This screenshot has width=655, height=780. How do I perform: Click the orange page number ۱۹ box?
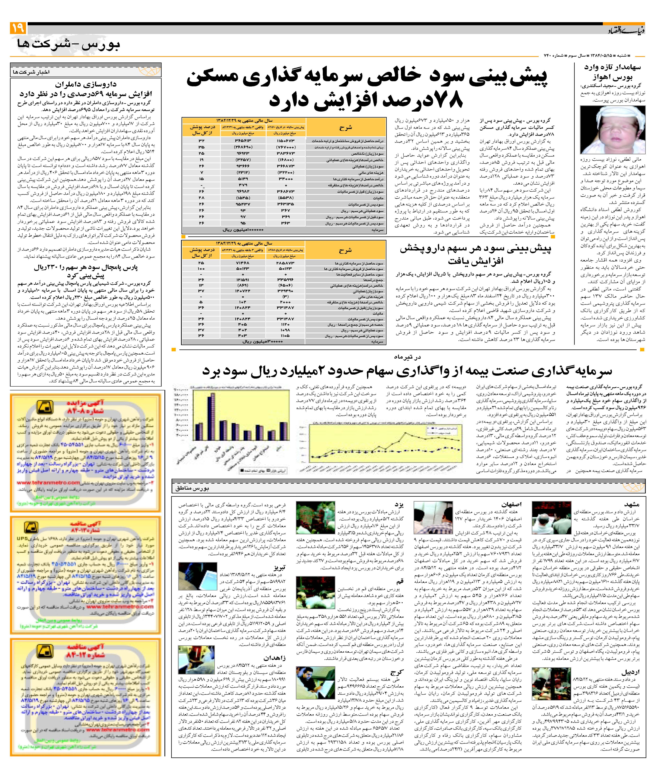pos(18,28)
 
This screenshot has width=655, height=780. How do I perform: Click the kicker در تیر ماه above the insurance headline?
pos(408,357)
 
